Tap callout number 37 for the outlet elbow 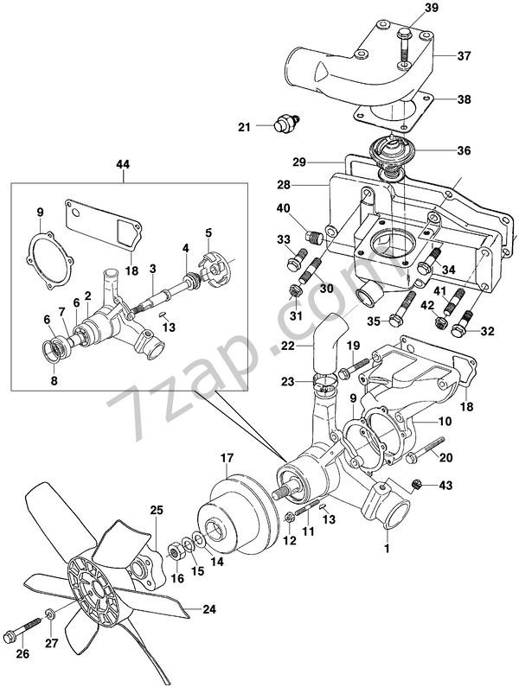click(x=465, y=56)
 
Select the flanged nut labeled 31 click(x=293, y=293)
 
